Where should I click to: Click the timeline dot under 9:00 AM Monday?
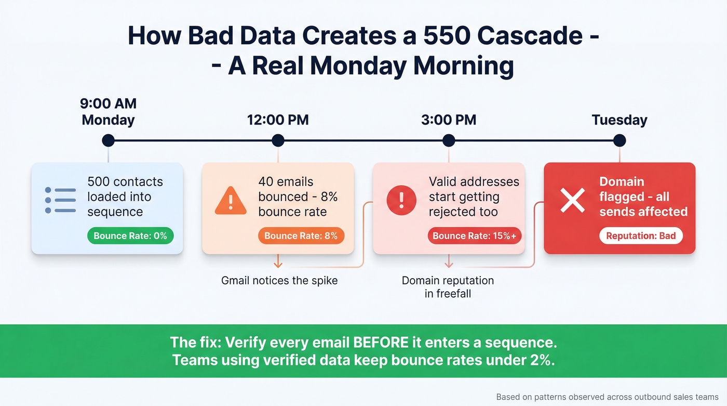108,140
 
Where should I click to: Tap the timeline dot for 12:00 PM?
278,140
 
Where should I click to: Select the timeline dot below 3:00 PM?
449,140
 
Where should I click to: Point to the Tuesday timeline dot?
619,140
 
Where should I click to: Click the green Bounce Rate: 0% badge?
130,236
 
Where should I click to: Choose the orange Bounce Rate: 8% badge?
301,236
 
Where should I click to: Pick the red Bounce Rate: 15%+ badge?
474,236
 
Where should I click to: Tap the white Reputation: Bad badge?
641,236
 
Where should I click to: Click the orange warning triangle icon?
231,201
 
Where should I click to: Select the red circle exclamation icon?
401,200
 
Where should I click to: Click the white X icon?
572,200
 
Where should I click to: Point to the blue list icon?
60,200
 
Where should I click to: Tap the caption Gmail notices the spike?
279,281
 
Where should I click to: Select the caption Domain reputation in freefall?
448,287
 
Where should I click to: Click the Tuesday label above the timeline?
619,120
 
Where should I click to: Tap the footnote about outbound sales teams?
607,397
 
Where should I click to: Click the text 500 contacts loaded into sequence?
125,197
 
